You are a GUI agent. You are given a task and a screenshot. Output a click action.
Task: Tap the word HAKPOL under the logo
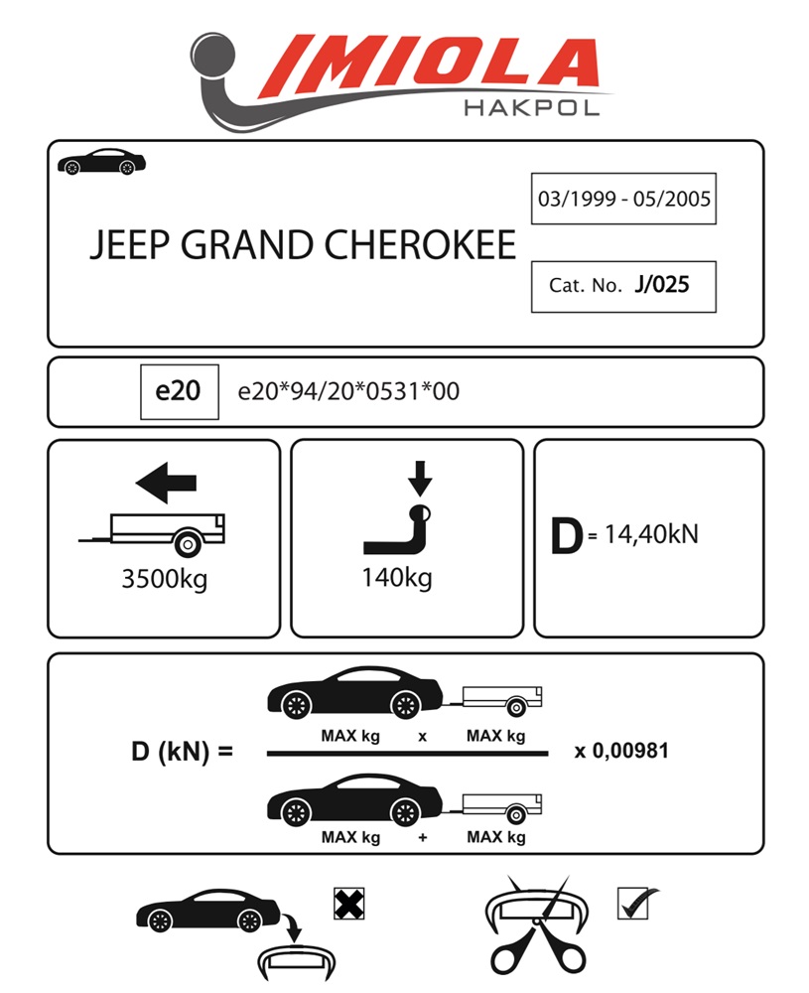click(x=531, y=107)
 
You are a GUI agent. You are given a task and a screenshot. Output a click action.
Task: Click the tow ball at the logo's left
click(x=211, y=55)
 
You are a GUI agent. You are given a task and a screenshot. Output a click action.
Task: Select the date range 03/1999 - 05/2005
click(x=623, y=199)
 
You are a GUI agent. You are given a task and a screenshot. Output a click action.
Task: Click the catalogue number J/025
click(x=661, y=285)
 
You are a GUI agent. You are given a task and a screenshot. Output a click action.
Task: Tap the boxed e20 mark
click(x=178, y=391)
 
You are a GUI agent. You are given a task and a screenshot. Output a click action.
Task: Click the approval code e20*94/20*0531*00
click(x=348, y=391)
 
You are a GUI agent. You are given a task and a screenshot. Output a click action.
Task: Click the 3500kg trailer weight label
click(x=164, y=580)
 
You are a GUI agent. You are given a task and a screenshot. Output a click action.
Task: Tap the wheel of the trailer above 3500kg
click(x=186, y=543)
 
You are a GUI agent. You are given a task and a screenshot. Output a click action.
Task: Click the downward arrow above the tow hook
click(x=420, y=478)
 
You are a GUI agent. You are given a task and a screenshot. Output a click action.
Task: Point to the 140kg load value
click(x=397, y=578)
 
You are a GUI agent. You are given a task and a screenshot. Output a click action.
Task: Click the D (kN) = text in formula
click(x=182, y=752)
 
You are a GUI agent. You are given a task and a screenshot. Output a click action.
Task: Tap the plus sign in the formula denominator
click(x=423, y=837)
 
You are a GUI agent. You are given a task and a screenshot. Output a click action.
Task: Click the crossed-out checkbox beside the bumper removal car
click(x=346, y=903)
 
